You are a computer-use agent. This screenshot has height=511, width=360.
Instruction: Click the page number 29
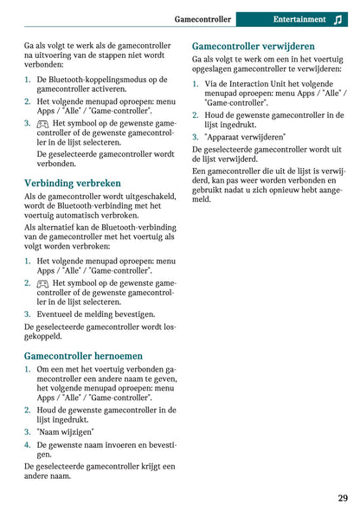(343, 497)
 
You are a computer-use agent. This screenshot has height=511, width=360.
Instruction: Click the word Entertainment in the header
(299, 19)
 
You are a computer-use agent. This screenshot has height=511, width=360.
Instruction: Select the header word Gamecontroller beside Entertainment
(202, 19)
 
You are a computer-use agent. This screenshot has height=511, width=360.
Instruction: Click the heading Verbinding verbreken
(73, 184)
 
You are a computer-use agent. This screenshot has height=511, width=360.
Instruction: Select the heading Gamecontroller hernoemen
(83, 355)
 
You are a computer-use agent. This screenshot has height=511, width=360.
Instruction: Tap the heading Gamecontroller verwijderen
(253, 46)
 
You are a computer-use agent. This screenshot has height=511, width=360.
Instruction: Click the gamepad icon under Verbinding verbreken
(42, 283)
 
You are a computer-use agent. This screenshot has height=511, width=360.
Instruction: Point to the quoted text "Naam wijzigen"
(66, 430)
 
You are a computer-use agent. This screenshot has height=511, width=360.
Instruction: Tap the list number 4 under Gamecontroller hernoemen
(28, 444)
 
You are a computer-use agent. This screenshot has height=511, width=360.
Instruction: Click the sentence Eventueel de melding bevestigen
(96, 314)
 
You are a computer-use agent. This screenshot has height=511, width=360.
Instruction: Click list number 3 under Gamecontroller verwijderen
(196, 137)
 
